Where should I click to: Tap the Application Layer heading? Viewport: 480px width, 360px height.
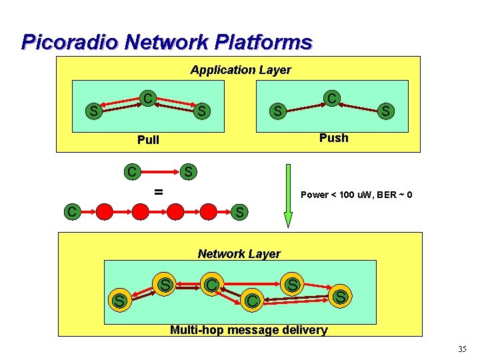tap(240, 70)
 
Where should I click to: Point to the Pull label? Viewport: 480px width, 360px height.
tap(147, 140)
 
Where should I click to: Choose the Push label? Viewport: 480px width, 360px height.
tap(333, 138)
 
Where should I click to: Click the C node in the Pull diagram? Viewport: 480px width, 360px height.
tap(147, 99)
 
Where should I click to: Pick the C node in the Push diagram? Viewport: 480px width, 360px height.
tap(331, 98)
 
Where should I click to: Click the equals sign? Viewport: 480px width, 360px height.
tap(158, 192)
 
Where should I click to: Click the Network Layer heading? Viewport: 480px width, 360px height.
tap(239, 253)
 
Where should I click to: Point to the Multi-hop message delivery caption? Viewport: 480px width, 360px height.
tap(249, 329)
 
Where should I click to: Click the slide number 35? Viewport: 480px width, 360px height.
tap(462, 349)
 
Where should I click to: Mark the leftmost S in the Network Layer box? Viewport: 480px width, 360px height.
tap(119, 301)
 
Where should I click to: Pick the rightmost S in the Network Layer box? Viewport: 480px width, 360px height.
tap(340, 296)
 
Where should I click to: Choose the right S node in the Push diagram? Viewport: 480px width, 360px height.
tap(385, 110)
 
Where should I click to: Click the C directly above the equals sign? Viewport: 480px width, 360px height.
tap(133, 172)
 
